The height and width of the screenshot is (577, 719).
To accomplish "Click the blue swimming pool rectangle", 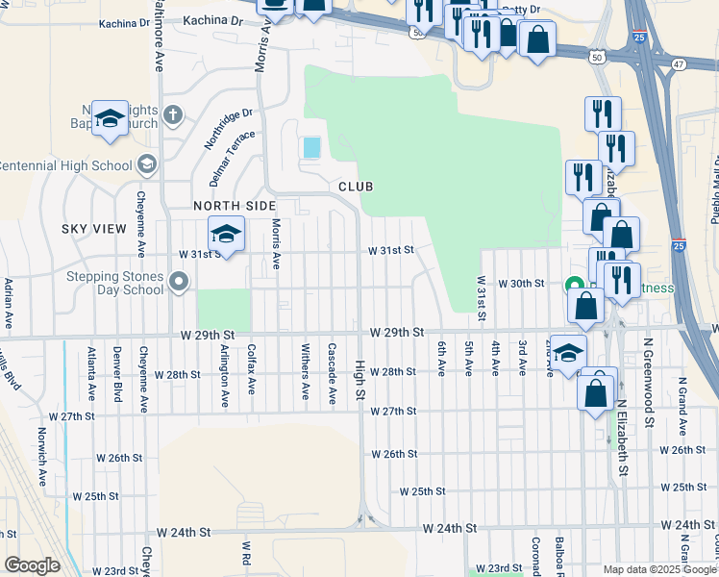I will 311,147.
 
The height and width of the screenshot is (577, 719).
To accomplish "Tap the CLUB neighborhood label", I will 355,186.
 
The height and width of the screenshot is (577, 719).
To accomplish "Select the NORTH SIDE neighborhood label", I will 235,206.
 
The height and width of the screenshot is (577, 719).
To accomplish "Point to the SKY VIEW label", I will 93,228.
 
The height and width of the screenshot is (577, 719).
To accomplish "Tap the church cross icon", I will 172,116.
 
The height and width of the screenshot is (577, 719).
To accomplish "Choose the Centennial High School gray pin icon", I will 147,164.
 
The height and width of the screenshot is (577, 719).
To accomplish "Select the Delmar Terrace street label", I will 227,159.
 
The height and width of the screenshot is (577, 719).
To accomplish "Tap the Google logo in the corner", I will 31,565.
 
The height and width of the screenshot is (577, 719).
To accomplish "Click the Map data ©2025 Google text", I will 659,569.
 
